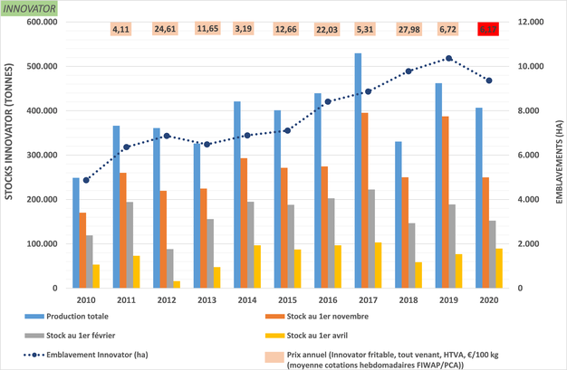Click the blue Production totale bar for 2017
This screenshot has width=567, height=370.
tap(358, 172)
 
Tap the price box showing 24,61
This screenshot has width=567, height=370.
tap(165, 29)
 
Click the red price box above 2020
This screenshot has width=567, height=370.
tap(490, 29)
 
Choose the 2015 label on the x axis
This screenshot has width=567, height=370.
tap(287, 299)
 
